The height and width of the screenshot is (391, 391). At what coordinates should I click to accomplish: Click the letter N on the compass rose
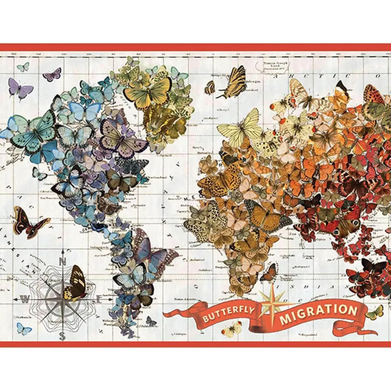[62, 261]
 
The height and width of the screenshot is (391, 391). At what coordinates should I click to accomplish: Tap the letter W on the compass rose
[25, 299]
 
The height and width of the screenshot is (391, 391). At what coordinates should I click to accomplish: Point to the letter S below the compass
[62, 336]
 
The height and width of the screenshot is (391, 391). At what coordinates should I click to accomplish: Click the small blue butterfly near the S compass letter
[24, 329]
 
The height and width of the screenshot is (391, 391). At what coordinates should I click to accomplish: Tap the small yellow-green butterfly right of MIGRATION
[375, 312]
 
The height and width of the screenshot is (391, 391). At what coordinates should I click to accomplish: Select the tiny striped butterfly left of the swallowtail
[210, 87]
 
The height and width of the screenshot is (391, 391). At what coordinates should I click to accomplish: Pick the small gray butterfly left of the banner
[151, 321]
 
